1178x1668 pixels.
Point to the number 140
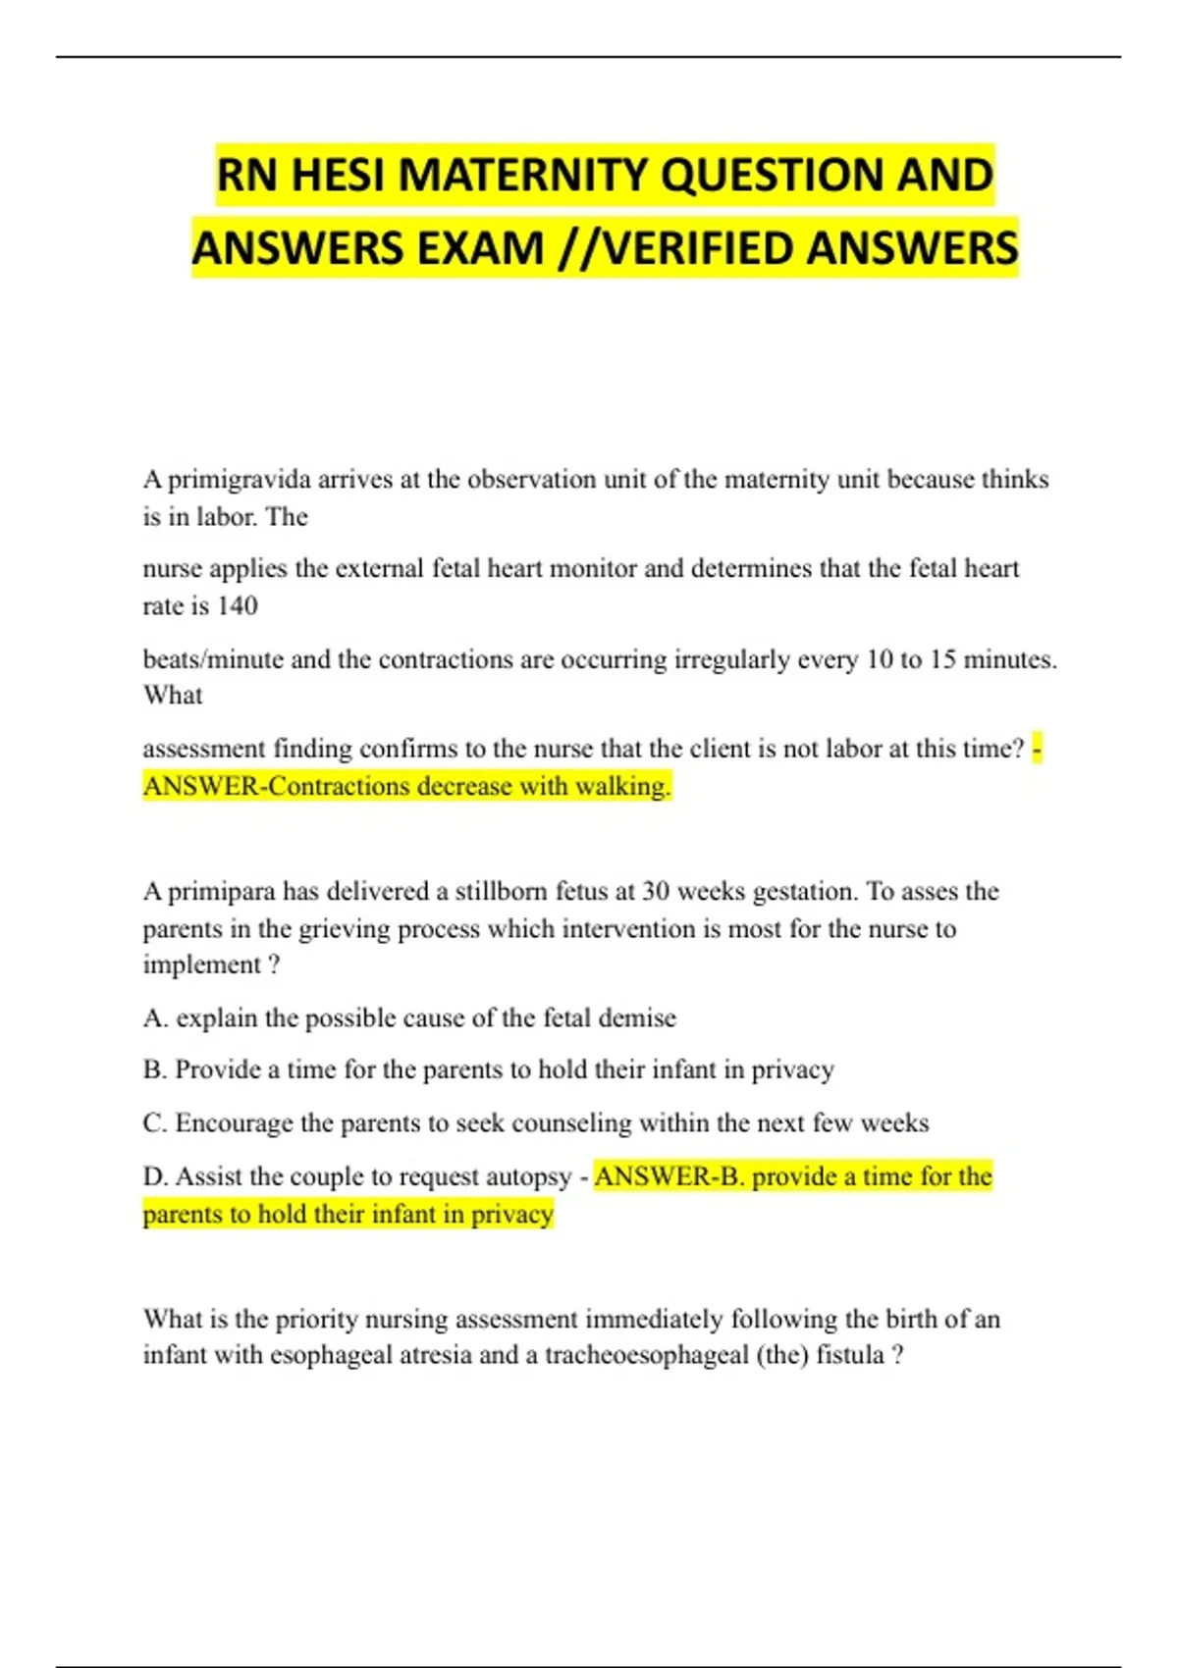(237, 606)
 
